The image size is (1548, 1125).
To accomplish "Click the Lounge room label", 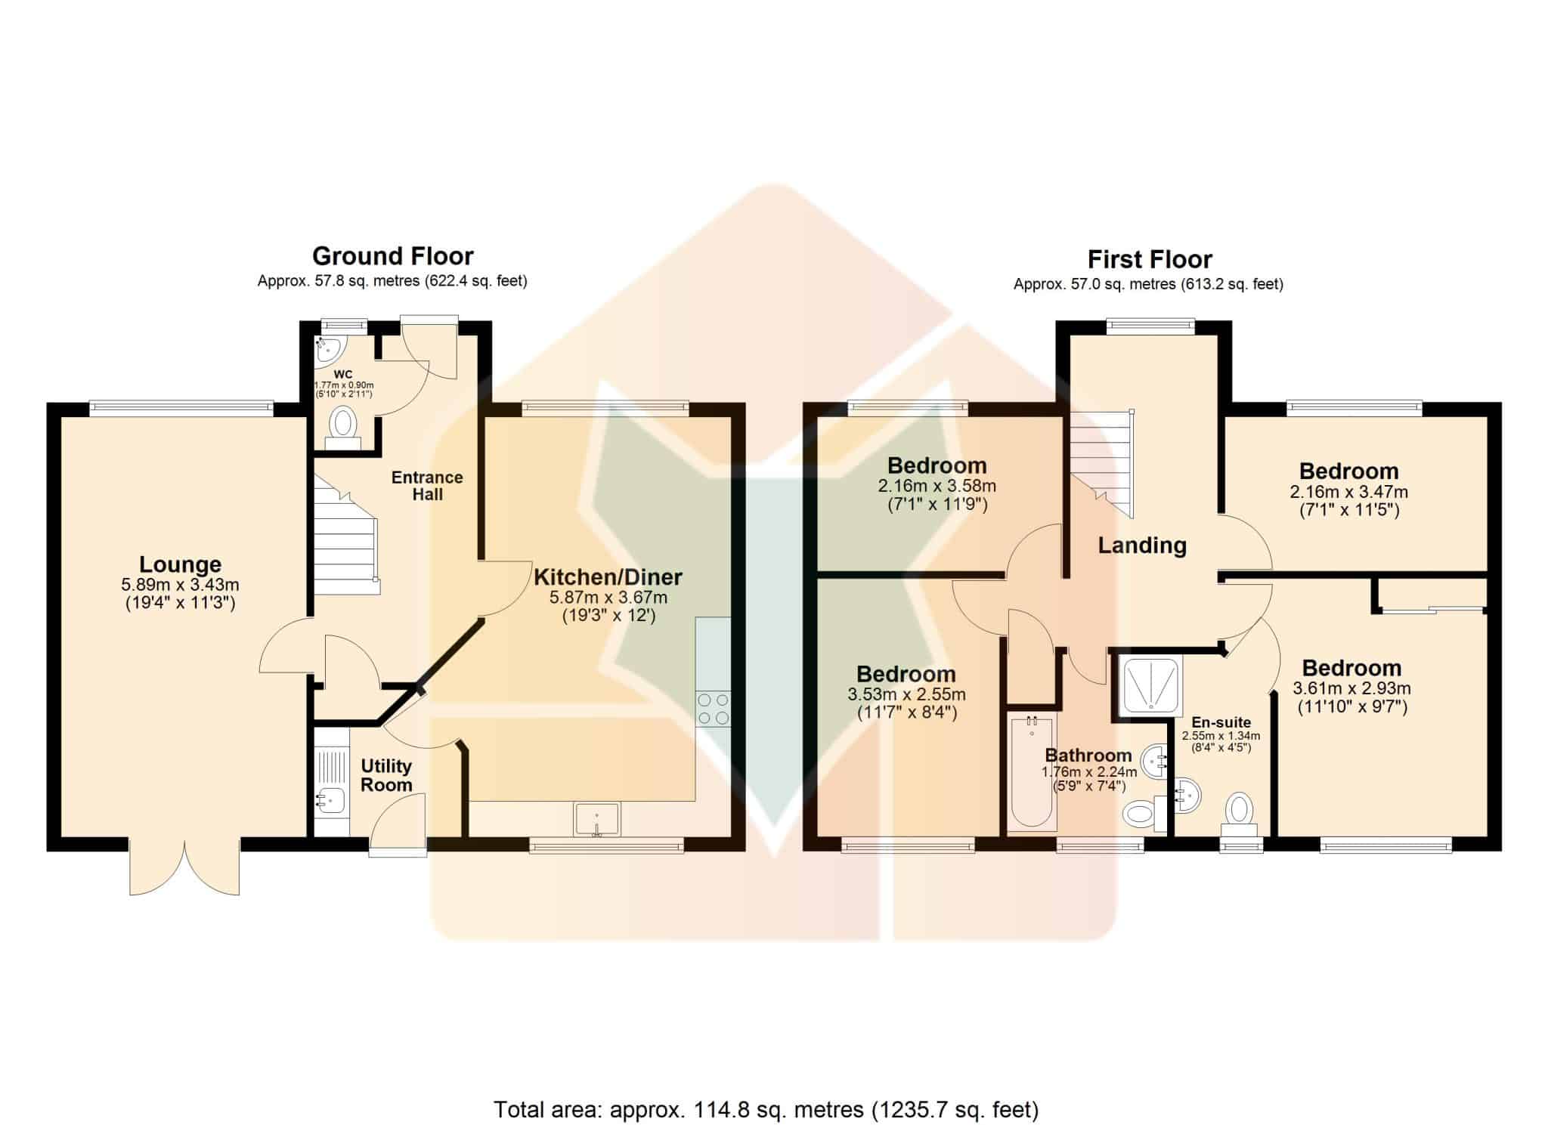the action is tap(180, 564).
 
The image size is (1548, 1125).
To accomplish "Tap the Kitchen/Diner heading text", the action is tap(608, 577).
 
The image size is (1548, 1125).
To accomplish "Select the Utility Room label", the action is tap(386, 775).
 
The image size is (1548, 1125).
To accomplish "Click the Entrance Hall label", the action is tap(427, 486).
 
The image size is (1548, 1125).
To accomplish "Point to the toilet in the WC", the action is tap(343, 424).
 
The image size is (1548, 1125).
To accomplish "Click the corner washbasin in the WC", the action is tap(329, 350).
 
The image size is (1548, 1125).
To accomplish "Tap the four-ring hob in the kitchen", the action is tap(713, 708).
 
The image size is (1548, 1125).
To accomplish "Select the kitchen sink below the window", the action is tap(597, 820).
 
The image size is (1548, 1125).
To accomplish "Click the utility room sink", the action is tap(330, 799).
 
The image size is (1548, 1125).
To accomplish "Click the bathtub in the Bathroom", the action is tap(1032, 773).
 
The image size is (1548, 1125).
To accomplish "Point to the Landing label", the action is tap(1142, 545).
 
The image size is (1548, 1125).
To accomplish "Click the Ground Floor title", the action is tap(393, 256).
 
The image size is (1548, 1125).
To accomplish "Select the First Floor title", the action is tap(1150, 259).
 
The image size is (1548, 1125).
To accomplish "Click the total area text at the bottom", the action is tap(766, 1089).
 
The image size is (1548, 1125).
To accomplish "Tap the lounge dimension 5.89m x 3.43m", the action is tap(180, 585).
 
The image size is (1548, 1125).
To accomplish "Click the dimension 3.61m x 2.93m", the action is tap(1351, 688).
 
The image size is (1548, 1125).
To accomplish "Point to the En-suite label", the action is tap(1221, 722).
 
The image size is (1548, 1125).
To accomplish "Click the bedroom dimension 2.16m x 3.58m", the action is tap(937, 486).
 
